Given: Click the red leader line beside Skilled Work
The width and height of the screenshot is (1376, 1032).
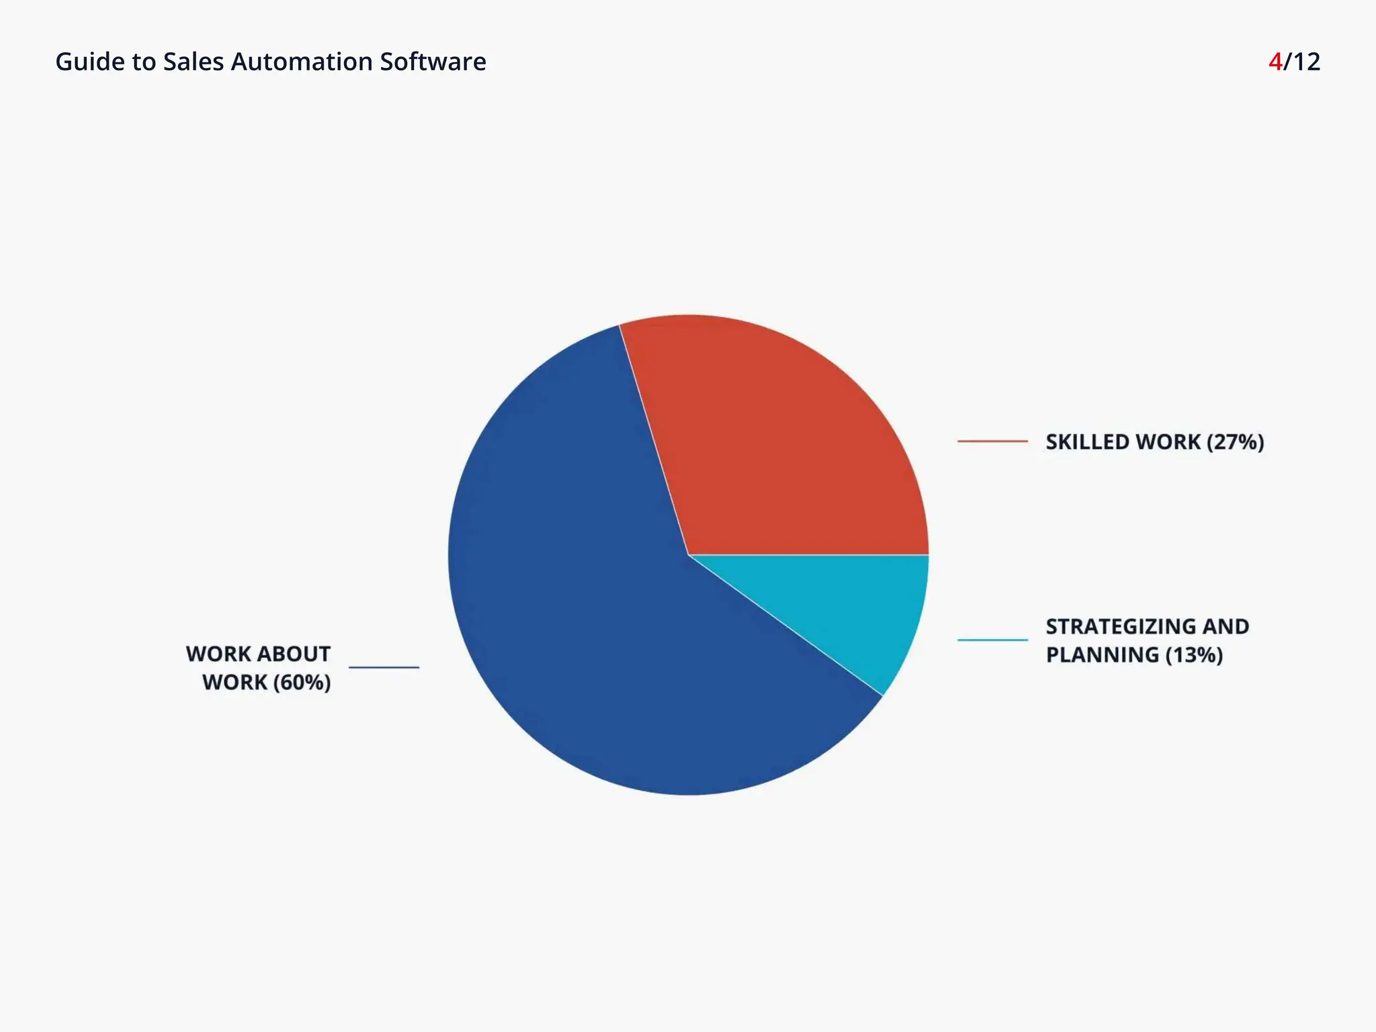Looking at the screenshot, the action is click(992, 441).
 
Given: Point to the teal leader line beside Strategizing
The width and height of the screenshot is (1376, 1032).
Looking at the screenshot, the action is click(992, 640).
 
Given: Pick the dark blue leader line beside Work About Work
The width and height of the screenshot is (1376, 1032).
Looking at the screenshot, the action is click(384, 667).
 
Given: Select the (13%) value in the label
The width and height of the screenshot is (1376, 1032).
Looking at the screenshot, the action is click(1194, 655).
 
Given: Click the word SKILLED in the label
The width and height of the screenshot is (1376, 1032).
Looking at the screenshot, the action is click(1088, 442).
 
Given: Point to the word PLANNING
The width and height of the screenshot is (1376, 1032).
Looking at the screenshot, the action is click(1102, 655).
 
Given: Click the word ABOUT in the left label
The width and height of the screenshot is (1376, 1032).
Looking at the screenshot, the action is click(294, 654).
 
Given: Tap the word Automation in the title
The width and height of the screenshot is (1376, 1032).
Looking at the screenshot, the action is click(302, 62).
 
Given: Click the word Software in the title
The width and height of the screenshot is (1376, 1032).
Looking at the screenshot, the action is click(433, 62).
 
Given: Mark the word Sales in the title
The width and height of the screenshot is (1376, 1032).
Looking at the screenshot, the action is click(193, 62).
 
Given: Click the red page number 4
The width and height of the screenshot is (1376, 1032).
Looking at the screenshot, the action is click(1275, 62).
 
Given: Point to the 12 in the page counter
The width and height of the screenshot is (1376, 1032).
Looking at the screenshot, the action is click(1306, 62).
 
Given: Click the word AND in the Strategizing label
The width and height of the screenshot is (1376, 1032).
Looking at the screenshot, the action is click(1225, 626).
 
